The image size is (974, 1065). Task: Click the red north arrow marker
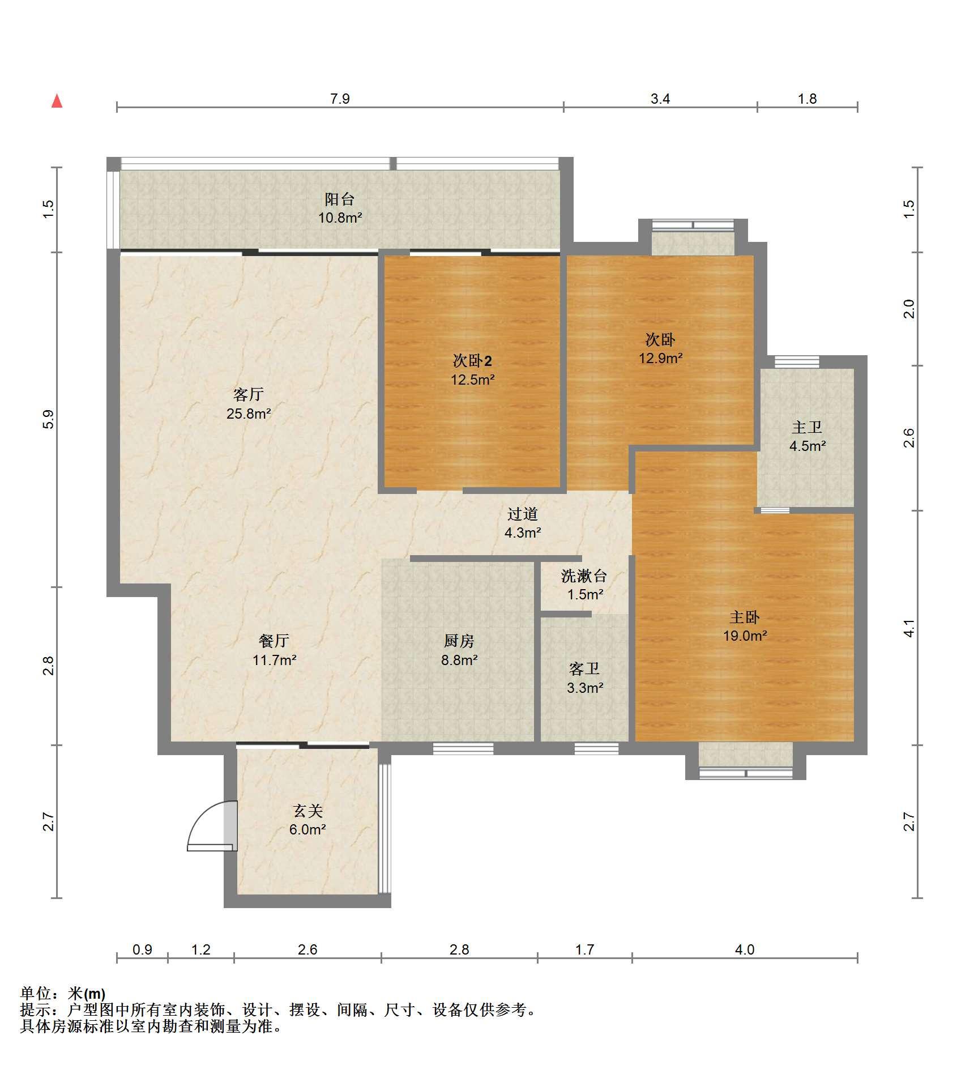[57, 101]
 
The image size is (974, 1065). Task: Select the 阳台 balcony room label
[340, 199]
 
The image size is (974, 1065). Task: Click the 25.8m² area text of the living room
[249, 414]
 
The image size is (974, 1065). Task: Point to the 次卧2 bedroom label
[472, 360]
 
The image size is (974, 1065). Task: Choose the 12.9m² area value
[661, 358]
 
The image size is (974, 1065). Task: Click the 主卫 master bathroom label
[807, 427]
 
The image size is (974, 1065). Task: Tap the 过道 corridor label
[522, 514]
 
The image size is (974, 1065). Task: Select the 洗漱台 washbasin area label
[584, 576]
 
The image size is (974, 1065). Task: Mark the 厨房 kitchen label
[459, 641]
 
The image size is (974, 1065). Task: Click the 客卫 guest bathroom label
[584, 669]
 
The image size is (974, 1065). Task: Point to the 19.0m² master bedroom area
[745, 636]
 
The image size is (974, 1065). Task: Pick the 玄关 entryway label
[308, 811]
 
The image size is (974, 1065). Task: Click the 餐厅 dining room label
[274, 641]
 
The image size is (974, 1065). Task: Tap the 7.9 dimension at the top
[340, 99]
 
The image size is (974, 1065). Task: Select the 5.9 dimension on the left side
[49, 419]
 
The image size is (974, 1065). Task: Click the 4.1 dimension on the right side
[908, 629]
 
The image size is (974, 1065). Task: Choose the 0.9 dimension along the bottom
[142, 949]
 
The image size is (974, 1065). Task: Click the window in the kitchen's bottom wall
[463, 748]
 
